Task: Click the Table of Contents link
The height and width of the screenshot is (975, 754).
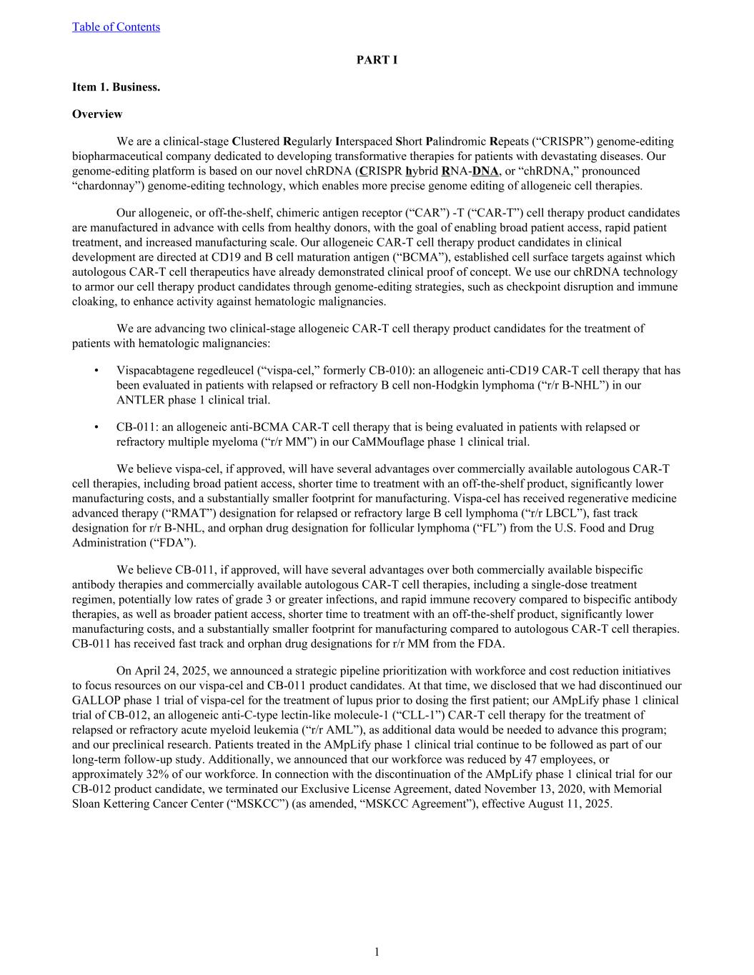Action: [x=116, y=27]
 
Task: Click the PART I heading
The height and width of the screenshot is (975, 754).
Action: [x=377, y=60]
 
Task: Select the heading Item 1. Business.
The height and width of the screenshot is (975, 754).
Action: [x=116, y=87]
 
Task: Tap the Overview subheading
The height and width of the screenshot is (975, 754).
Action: [x=97, y=114]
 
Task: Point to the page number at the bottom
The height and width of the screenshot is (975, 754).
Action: [x=377, y=951]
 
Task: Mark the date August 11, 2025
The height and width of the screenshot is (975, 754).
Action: [x=570, y=804]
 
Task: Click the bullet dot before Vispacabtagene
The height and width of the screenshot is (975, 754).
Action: [x=96, y=371]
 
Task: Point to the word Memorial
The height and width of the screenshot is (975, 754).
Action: [x=640, y=789]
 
